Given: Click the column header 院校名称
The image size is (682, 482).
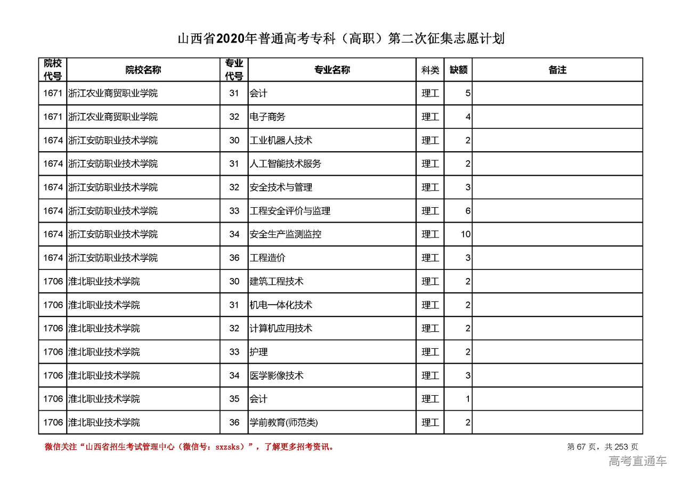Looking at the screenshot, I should point(143,70).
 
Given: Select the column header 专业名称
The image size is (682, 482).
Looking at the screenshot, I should point(331,70).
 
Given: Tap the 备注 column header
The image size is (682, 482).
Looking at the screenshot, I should point(557,70).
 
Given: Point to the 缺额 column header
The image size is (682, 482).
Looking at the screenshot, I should point(458,70).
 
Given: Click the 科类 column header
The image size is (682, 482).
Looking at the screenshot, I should point(430,70).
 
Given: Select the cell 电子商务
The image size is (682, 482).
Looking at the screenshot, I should point(267,117).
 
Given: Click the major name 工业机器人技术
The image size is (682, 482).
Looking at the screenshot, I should point(281,141).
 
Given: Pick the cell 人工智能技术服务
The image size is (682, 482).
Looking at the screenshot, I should point(286,164).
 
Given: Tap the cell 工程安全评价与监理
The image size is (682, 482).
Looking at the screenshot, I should point(290,211).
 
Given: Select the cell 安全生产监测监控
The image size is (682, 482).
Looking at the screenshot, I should point(286,234).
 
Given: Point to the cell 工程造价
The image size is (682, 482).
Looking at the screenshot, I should point(267,258).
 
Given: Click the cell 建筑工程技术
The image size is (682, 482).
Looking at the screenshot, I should point(277,281).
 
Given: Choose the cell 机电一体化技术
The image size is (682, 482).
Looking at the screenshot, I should point(281,305).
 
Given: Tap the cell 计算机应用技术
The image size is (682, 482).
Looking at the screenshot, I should point(281,329).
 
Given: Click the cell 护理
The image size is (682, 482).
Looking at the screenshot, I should point(258,352).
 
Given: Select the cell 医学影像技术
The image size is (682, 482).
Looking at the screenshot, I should point(277,375).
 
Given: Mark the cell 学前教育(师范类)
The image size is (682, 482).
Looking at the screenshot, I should point(283,423).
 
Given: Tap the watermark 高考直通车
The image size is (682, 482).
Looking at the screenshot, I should point(637,461).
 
